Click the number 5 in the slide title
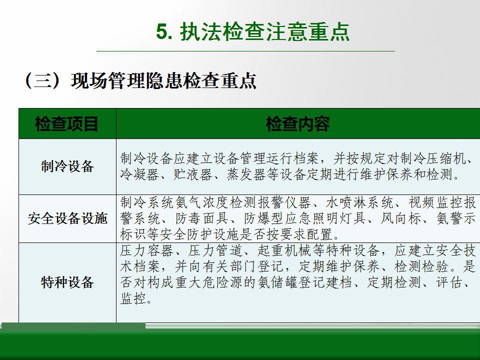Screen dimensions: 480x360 click(x=162, y=31)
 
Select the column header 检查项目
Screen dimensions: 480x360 click(x=66, y=124)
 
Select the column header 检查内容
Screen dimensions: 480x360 click(x=297, y=124)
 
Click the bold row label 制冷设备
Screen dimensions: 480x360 click(x=67, y=166)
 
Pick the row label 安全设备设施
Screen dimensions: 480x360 click(x=67, y=218)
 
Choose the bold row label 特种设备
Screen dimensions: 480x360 click(x=67, y=282)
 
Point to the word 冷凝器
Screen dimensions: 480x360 click(x=139, y=175)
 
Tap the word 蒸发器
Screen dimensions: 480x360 click(x=246, y=175)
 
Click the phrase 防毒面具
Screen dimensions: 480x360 click(x=202, y=218)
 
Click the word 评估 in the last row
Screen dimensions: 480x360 click(x=449, y=282)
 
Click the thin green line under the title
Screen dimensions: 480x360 click(x=246, y=51)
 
